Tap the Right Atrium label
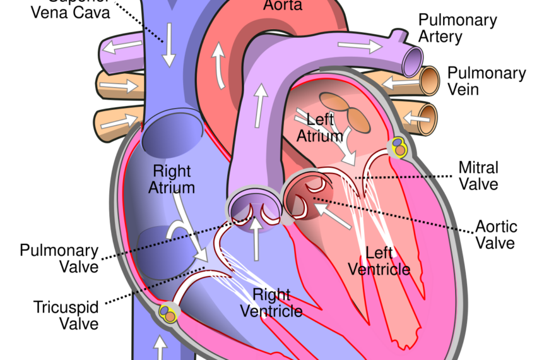coord(172,179)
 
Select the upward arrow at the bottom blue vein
coord(160,347)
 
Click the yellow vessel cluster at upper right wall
coord(400,147)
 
